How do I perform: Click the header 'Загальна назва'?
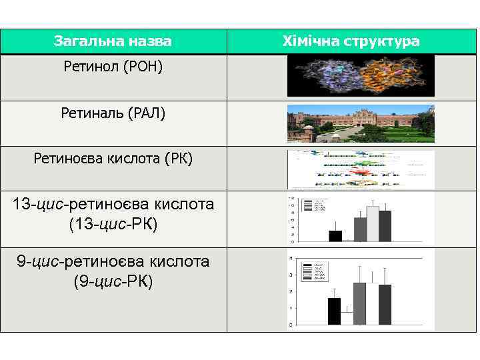(113, 41)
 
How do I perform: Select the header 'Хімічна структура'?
(351, 41)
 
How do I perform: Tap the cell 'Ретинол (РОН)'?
(113, 67)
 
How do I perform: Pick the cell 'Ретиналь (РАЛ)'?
(113, 113)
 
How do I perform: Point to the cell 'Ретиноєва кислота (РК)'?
(113, 159)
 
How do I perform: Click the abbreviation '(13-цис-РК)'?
(113, 224)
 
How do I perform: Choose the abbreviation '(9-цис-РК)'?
(113, 281)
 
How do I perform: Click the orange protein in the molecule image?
(394, 75)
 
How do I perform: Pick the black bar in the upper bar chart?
(335, 235)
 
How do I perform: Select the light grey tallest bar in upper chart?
(373, 223)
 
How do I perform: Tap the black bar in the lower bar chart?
(334, 311)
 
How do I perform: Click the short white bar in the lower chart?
(347, 318)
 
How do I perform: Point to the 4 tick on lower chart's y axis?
(290, 258)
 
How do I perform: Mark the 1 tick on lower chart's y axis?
(290, 308)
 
